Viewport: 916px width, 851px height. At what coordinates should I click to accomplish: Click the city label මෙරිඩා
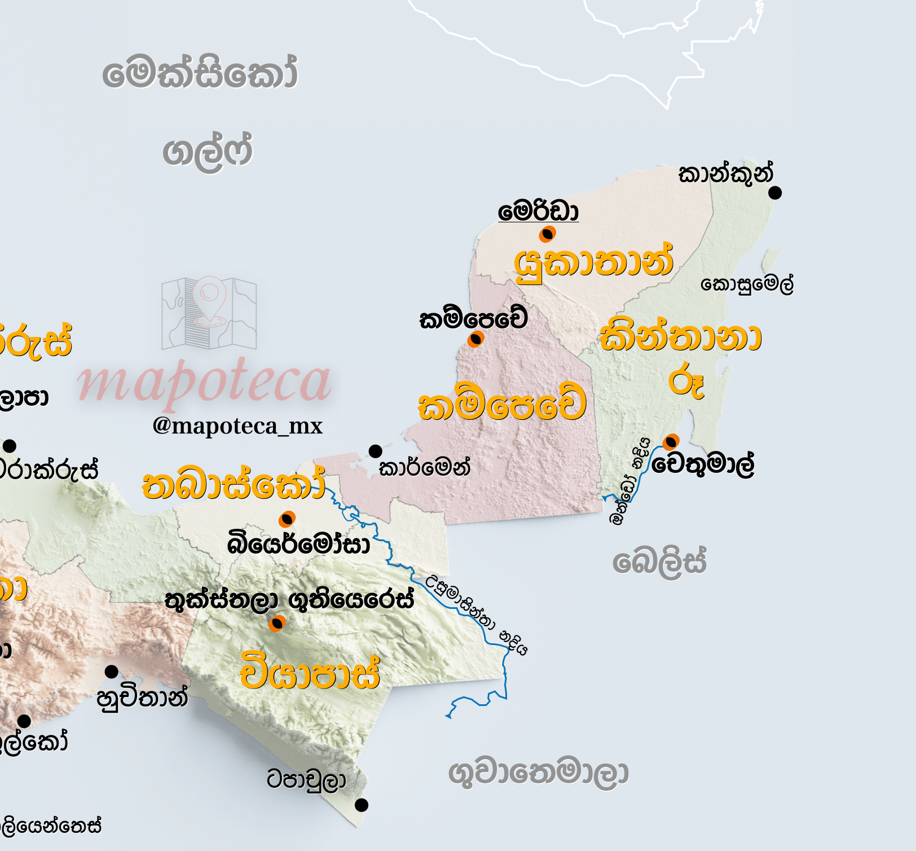pyautogui.click(x=538, y=212)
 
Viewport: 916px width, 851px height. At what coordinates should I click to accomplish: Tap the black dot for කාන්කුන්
pyautogui.click(x=775, y=193)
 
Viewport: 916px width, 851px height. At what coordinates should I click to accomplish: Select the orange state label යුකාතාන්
pyautogui.click(x=594, y=263)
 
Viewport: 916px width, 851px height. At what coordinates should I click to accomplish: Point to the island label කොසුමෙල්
pyautogui.click(x=747, y=283)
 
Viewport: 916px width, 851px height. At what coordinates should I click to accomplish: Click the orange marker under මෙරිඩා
pyautogui.click(x=547, y=234)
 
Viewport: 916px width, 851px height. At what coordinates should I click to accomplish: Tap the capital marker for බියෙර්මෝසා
pyautogui.click(x=287, y=519)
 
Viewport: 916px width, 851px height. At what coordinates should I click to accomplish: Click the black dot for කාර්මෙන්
pyautogui.click(x=375, y=451)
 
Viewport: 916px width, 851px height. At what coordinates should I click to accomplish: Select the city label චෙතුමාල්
pyautogui.click(x=703, y=464)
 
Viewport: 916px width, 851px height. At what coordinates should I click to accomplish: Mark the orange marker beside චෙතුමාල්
pyautogui.click(x=671, y=441)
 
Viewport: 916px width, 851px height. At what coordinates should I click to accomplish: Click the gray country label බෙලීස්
pyautogui.click(x=659, y=562)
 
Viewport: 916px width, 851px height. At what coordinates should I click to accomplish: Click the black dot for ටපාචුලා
pyautogui.click(x=362, y=805)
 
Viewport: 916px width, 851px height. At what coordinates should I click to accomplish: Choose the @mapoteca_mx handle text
pyautogui.click(x=237, y=425)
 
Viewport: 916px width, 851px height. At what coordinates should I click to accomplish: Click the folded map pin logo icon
pyautogui.click(x=209, y=313)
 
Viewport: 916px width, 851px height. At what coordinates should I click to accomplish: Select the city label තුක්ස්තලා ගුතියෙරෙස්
pyautogui.click(x=289, y=600)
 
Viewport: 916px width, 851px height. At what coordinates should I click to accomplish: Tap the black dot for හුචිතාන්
pyautogui.click(x=112, y=672)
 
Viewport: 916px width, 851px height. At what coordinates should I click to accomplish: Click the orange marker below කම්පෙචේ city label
pyautogui.click(x=475, y=339)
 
